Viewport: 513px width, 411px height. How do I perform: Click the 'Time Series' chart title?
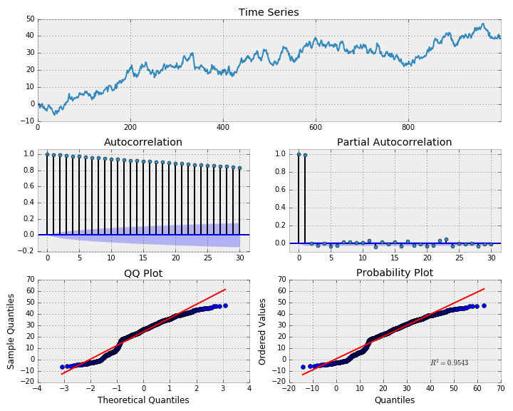269,12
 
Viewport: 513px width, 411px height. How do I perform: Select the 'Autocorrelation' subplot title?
143,142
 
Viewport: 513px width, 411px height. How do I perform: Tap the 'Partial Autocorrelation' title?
394,142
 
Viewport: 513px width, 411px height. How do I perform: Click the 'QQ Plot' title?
143,273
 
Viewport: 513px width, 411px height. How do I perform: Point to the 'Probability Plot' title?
394,273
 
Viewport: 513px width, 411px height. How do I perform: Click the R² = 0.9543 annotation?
449,363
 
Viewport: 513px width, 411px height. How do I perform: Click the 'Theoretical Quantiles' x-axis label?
143,400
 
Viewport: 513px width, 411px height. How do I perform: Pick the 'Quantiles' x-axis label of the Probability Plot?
394,400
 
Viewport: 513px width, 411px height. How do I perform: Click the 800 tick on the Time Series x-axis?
408,127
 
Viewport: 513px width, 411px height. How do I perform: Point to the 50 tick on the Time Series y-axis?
30,19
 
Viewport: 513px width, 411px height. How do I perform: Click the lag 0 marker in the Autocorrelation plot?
47,154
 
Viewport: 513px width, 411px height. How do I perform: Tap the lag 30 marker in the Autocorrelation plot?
239,168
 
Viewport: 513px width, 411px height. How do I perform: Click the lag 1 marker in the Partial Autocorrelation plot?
305,155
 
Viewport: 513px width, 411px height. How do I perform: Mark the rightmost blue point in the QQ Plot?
225,305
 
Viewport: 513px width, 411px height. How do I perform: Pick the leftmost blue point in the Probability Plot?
303,367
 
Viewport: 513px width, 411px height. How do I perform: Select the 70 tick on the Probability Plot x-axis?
500,390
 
